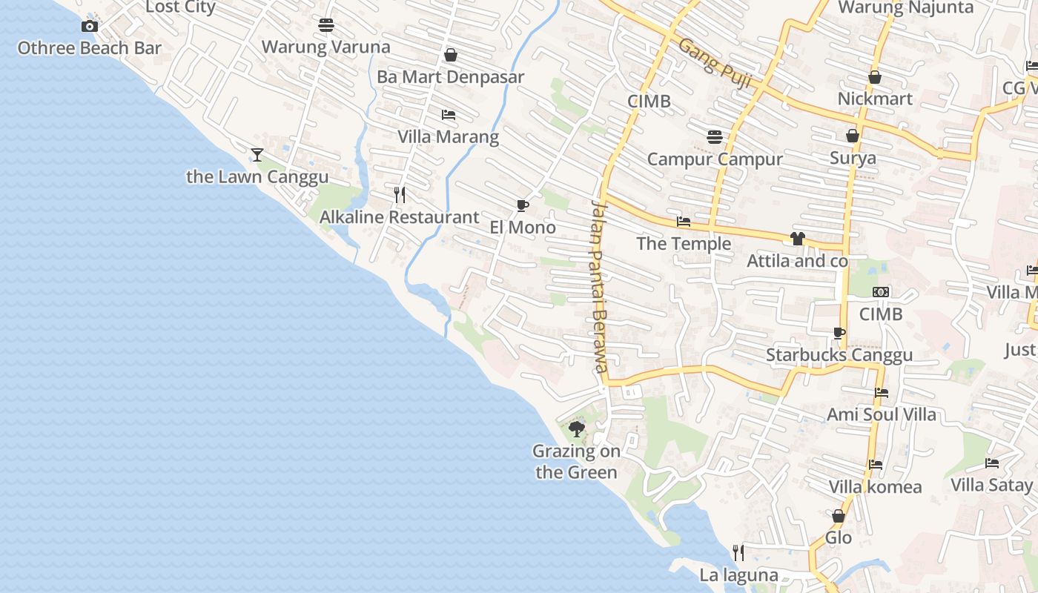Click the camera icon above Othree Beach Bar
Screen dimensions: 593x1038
[x=90, y=27]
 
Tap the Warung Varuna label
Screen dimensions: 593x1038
[x=325, y=47]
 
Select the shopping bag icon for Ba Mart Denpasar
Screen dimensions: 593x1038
[x=450, y=55]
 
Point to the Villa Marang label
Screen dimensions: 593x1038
[x=448, y=137]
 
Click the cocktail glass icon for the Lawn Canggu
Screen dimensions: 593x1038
[x=257, y=155]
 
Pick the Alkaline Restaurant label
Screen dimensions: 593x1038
[x=399, y=217]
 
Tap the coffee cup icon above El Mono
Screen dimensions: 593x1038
[x=523, y=205]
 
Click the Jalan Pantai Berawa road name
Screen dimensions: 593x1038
[x=599, y=286]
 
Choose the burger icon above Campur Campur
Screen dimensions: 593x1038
[x=715, y=137]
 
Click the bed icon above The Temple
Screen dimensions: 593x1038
[x=684, y=222]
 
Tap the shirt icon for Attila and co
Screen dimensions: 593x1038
[x=797, y=239]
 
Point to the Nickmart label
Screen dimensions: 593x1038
[x=875, y=99]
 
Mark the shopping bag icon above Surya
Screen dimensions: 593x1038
[x=853, y=136]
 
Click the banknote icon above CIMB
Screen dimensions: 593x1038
[x=881, y=292]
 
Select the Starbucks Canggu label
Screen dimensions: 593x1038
[x=839, y=355]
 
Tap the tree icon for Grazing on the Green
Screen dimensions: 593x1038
[x=576, y=428]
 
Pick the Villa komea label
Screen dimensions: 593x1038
[x=875, y=487]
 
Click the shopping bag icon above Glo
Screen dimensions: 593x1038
[x=839, y=516]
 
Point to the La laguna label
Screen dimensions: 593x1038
[x=738, y=575]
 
